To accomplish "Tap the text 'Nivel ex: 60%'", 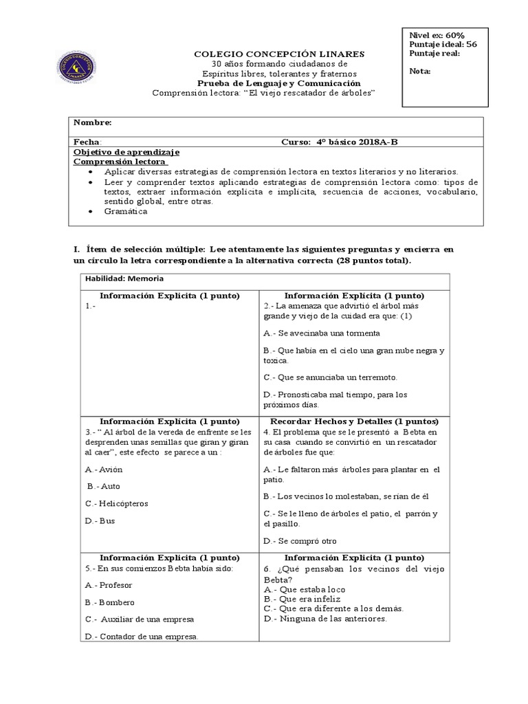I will [437, 35].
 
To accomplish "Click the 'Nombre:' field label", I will [92, 122].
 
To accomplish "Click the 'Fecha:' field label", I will [87, 142].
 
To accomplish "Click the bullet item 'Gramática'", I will [126, 211].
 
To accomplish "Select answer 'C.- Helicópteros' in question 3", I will [116, 503].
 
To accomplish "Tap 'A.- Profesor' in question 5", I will [109, 585].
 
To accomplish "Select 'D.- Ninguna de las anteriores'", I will [325, 618].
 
